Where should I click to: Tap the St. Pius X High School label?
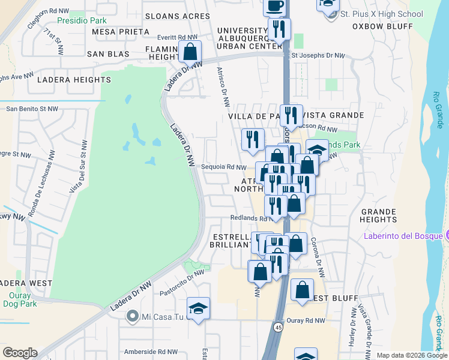click(381, 14)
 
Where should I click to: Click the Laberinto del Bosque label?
click(402, 235)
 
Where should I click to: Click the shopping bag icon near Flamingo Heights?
click(190, 52)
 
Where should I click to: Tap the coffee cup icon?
click(275, 7)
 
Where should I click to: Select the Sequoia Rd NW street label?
click(224, 167)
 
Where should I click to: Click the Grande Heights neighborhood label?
click(379, 215)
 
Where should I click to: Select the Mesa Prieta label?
click(121, 31)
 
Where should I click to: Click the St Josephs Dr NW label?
click(318, 55)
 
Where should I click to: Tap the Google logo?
click(20, 353)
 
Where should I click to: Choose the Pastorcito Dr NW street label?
click(182, 283)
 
